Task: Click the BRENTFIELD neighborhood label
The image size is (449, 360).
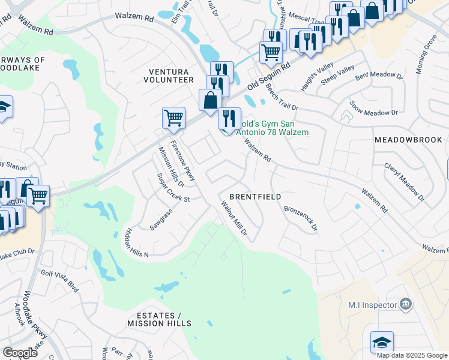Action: tap(255, 197)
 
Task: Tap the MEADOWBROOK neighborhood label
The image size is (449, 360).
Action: tap(408, 139)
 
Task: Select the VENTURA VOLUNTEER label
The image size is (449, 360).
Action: tap(171, 76)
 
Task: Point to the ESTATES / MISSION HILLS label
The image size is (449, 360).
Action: tap(159, 319)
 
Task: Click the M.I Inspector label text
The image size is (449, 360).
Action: tap(372, 305)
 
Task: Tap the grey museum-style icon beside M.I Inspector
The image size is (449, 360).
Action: tap(406, 304)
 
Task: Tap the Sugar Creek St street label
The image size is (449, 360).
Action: tap(173, 187)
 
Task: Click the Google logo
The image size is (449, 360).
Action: tap(20, 353)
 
